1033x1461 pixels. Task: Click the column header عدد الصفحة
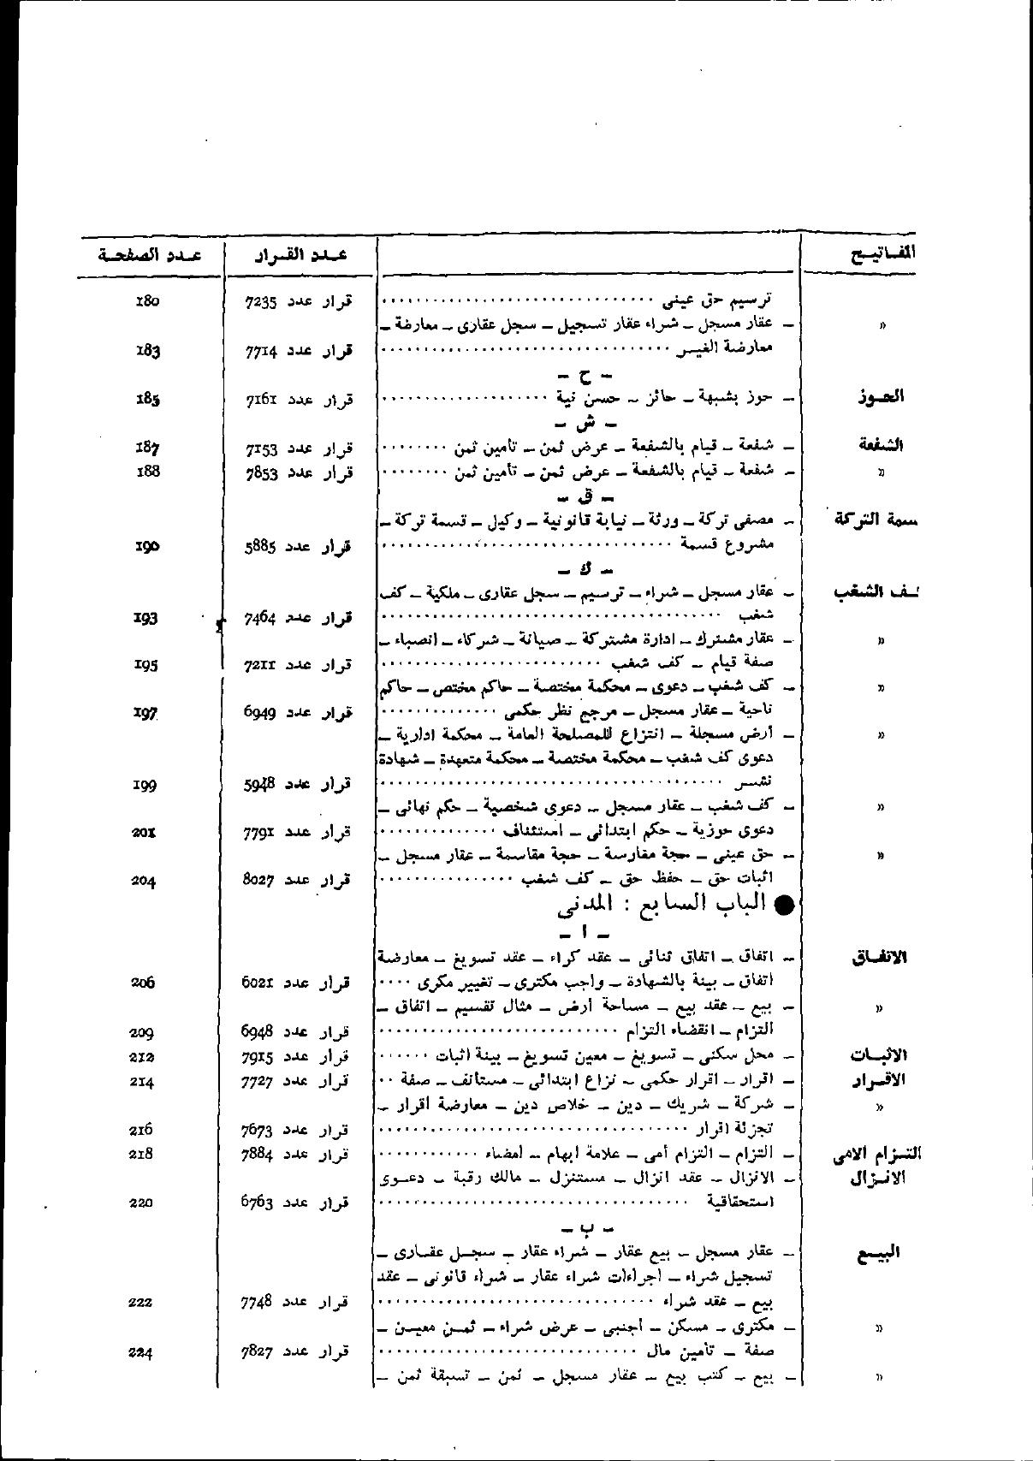150,255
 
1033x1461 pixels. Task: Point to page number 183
148,350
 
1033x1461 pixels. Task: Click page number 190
148,545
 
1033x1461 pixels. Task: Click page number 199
145,784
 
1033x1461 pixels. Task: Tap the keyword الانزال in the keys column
879,1179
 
